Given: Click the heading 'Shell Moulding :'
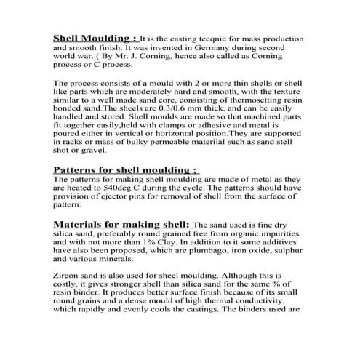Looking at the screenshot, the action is (95, 37).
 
